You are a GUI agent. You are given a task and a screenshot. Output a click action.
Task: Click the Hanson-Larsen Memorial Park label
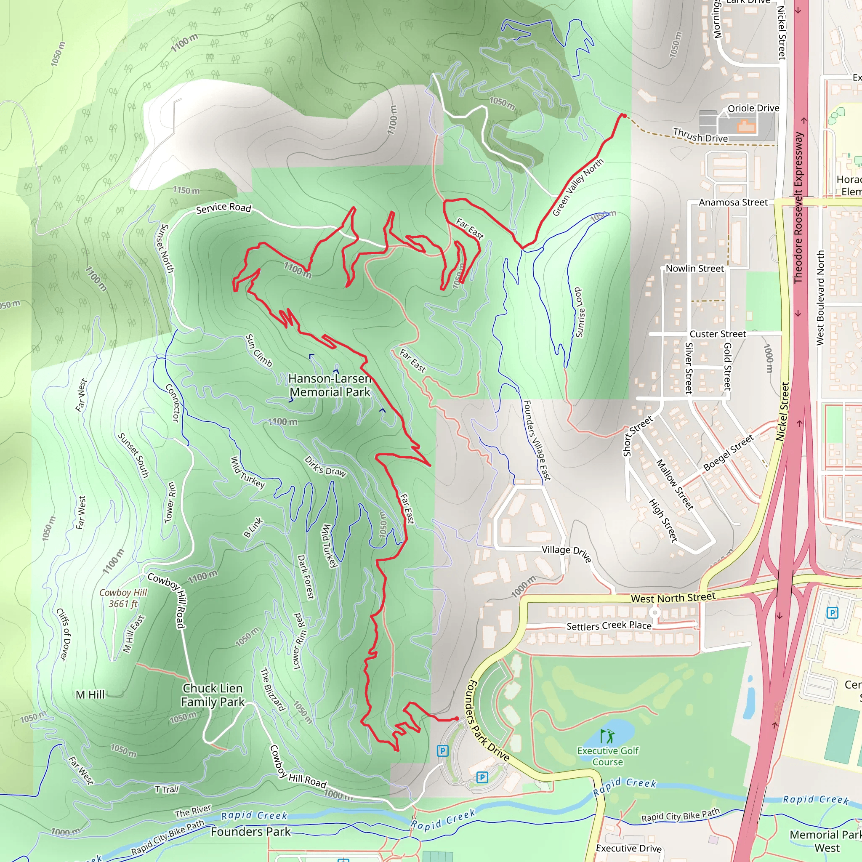[330, 385]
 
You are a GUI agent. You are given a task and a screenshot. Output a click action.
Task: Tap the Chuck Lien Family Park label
[213, 695]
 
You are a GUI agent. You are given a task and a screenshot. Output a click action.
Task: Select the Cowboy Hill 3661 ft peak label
[123, 598]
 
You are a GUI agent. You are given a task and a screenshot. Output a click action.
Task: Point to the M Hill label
[90, 694]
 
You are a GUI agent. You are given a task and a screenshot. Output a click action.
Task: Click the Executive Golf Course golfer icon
[607, 735]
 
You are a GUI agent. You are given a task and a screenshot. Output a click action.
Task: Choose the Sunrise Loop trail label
[579, 312]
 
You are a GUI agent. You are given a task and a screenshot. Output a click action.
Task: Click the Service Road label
[223, 208]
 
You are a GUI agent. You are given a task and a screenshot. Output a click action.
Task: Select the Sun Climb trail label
[259, 350]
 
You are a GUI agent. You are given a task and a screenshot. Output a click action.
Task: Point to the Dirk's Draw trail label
[325, 466]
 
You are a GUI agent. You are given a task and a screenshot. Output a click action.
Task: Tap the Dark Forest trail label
[306, 577]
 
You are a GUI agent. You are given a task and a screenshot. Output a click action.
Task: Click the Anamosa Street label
[733, 202]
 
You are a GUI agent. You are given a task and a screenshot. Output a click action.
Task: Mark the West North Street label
[673, 598]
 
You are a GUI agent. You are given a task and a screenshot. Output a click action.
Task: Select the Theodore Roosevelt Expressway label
[798, 207]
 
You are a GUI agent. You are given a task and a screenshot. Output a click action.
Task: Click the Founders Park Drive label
[488, 721]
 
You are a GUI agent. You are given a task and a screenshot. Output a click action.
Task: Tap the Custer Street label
[718, 334]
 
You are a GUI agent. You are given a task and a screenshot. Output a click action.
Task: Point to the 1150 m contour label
[186, 191]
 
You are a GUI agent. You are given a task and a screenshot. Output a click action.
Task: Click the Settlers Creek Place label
[609, 626]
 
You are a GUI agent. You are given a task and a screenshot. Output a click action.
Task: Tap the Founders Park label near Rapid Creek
[250, 832]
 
